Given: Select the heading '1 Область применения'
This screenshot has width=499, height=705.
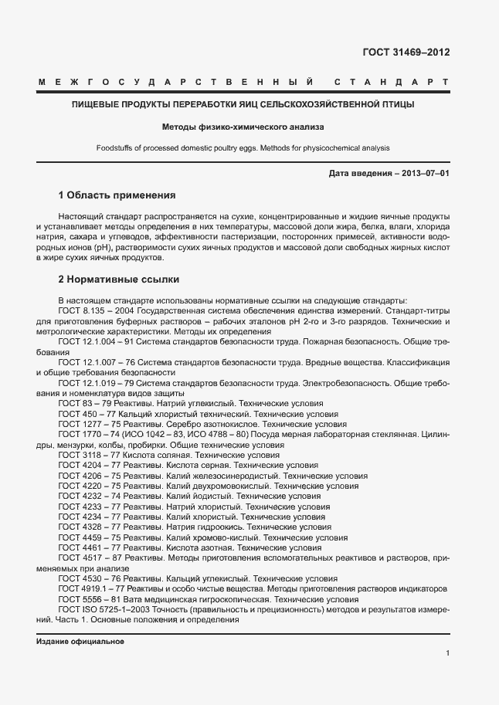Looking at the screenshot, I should click(x=117, y=195).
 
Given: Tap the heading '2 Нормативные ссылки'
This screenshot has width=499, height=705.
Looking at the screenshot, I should click(x=118, y=279).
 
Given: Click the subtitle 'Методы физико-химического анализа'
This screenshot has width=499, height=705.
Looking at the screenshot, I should click(x=243, y=126).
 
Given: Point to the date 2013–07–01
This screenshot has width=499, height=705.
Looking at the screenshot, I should click(x=423, y=173).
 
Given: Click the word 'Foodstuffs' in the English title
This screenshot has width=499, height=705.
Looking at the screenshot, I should click(x=115, y=147).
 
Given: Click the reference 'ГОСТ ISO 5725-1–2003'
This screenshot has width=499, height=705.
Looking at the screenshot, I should click(x=103, y=609).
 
